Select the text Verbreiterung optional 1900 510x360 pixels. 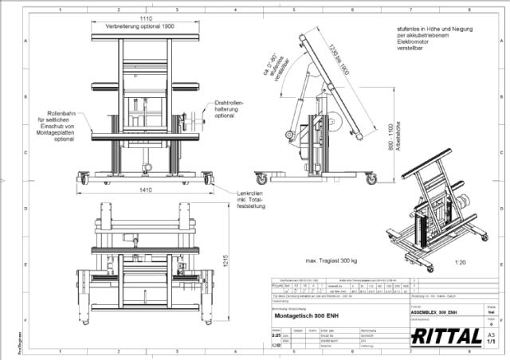pyautogui.click(x=143, y=26)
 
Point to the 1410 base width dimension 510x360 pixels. pyautogui.click(x=145, y=190)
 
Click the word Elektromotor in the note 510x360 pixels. pyautogui.click(x=414, y=51)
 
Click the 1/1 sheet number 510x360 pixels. pyautogui.click(x=491, y=341)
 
